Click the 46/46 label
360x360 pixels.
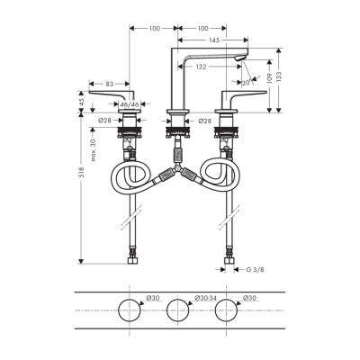(x=130, y=105)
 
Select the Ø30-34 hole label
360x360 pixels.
(x=206, y=298)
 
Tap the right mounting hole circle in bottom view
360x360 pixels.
(x=224, y=311)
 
